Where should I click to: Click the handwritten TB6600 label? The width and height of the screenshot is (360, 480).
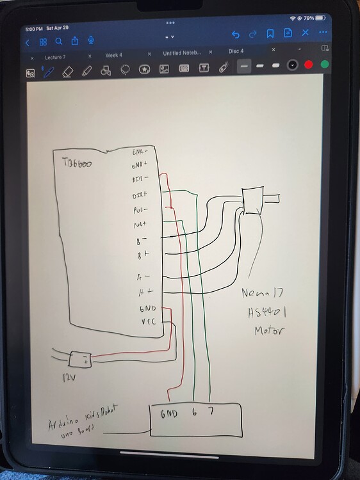[77, 164]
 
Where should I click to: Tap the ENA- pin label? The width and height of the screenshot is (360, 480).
[140, 152]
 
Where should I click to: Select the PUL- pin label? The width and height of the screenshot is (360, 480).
[140, 210]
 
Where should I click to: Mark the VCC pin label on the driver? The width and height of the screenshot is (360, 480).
[147, 323]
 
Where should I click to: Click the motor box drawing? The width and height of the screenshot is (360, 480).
[252, 201]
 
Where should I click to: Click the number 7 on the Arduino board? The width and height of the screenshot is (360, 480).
[211, 413]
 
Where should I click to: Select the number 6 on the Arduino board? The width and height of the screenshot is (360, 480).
[193, 413]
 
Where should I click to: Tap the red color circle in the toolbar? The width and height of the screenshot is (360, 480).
[309, 65]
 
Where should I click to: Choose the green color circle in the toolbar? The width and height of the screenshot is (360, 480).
[325, 65]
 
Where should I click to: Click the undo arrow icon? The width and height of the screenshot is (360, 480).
[236, 35]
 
